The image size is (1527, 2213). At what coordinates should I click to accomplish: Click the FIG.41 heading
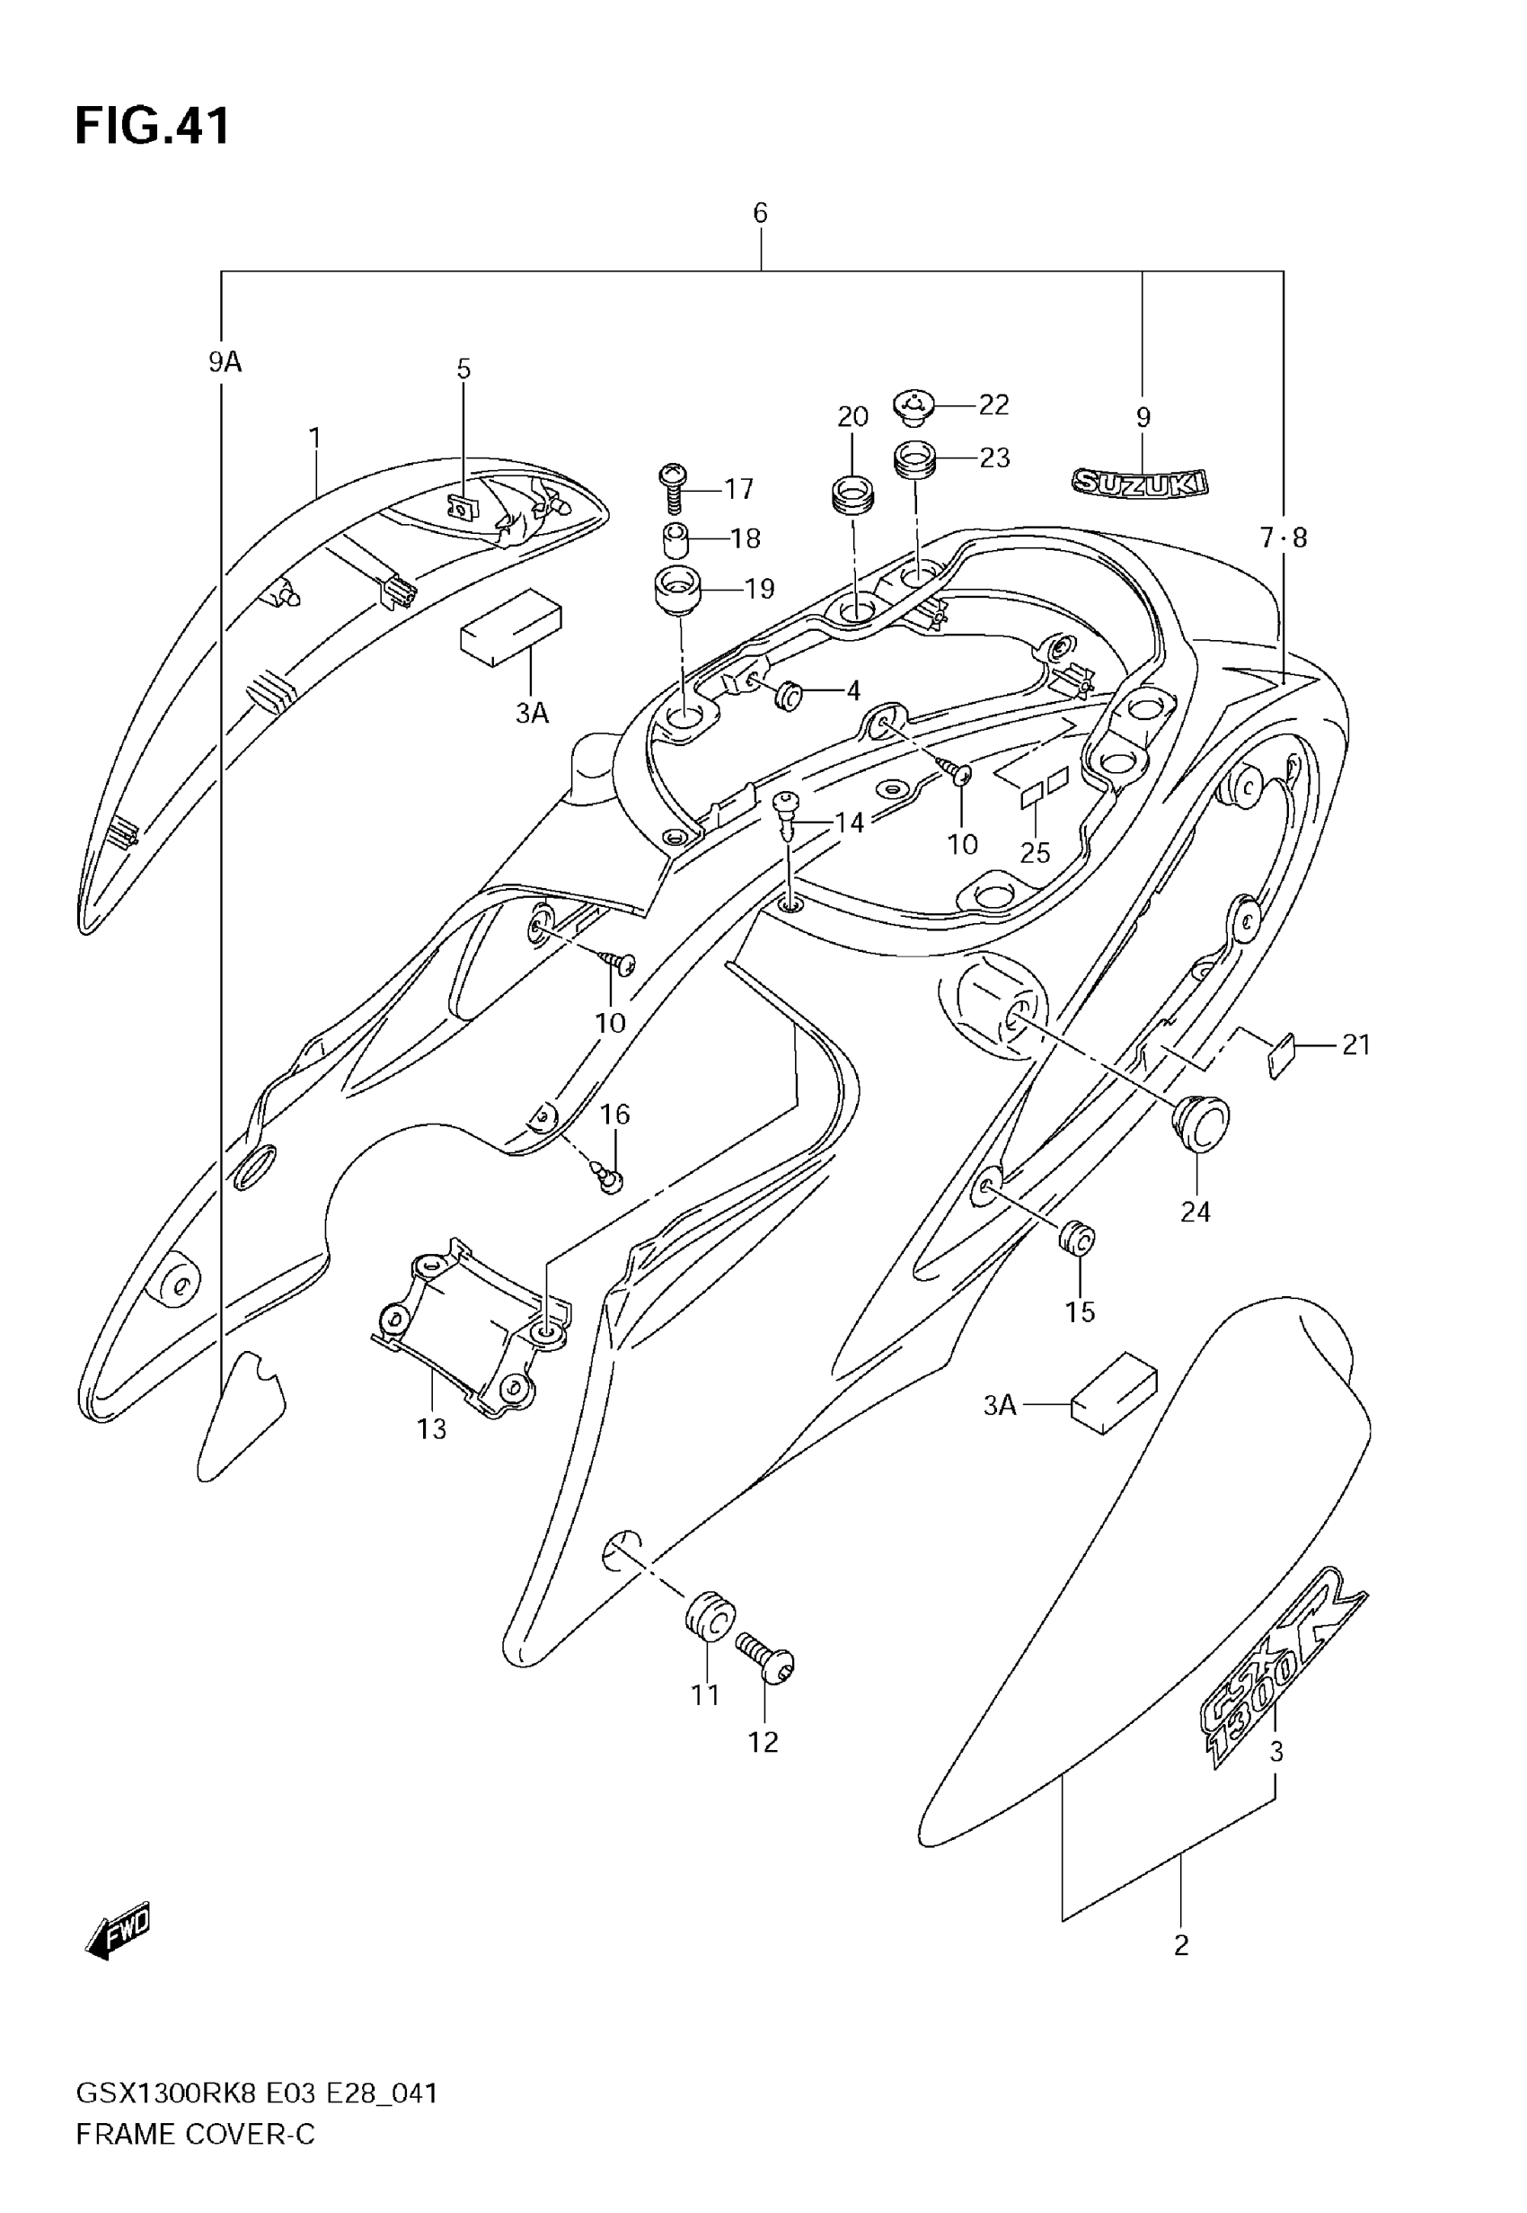pos(152,127)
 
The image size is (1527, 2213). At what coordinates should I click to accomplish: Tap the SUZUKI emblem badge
pos(1139,483)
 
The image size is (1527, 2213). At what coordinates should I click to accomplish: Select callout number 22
pos(993,404)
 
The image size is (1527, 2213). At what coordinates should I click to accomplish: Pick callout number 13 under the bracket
pos(431,1430)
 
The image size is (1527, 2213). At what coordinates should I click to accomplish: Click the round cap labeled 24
pos(1200,1121)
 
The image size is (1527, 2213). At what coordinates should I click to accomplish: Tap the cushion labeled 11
pos(709,1617)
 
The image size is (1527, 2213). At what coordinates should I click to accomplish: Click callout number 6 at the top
pos(760,212)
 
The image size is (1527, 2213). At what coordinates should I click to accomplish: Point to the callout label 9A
pos(225,362)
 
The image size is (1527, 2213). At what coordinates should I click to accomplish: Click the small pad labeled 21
pos(1280,1054)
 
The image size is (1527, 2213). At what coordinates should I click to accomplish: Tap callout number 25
pos(1036,852)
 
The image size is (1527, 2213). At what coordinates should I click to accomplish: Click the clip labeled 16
pos(607,1176)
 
